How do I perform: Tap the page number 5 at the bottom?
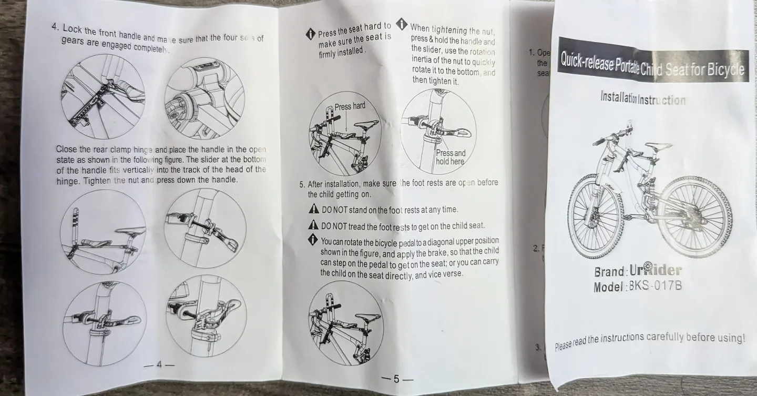click(397, 379)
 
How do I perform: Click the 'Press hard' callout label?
click(350, 106)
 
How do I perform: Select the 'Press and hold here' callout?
click(451, 157)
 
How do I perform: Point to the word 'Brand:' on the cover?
click(610, 272)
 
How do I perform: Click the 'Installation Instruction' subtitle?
click(643, 98)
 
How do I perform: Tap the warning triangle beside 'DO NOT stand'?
click(314, 210)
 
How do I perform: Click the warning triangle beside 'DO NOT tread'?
click(314, 225)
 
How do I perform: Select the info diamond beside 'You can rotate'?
click(314, 241)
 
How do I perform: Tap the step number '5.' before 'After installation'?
click(302, 184)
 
